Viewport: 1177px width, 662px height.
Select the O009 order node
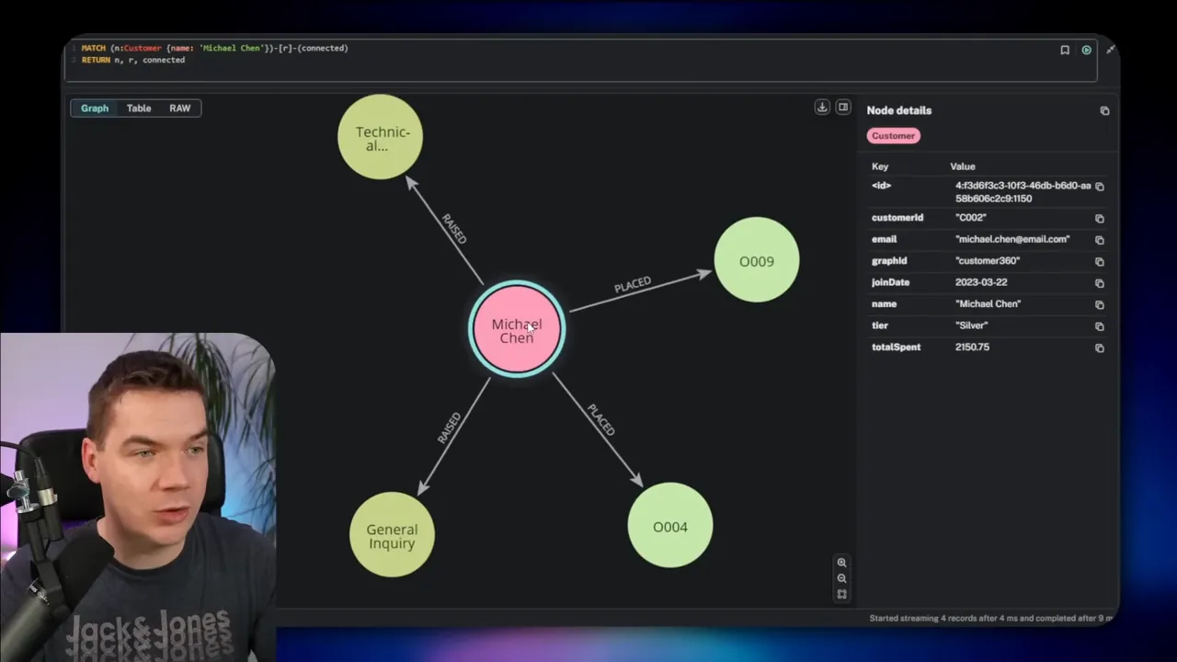coord(756,261)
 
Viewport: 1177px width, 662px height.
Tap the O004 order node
coord(669,526)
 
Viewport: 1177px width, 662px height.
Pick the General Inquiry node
coord(392,535)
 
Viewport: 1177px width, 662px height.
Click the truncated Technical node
coord(381,138)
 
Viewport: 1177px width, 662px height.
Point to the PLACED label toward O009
coord(633,285)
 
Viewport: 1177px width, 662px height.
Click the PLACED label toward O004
coord(600,420)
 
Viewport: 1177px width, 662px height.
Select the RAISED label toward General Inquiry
coord(450,428)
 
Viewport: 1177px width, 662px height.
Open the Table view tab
coord(139,108)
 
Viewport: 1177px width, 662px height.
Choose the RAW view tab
coord(179,108)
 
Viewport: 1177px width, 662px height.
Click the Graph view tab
coord(95,108)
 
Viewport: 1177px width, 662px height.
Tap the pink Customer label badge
coord(893,136)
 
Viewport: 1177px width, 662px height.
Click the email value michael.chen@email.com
coord(1012,239)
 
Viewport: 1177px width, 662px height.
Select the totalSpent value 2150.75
coord(972,348)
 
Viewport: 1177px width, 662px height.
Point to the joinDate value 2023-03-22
coord(980,282)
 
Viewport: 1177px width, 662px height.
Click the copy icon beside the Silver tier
coord(1099,326)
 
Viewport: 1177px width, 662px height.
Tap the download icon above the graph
coord(822,108)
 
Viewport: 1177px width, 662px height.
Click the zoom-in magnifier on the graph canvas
coord(841,563)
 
